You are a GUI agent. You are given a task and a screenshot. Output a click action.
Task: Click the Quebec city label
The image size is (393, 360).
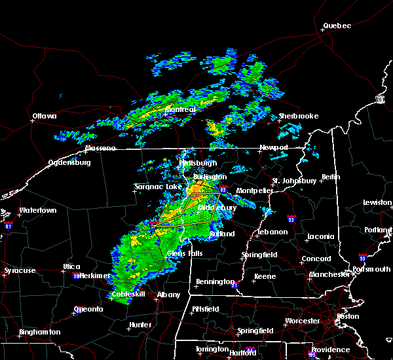click(337, 26)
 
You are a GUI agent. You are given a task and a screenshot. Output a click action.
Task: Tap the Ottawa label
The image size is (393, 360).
click(45, 117)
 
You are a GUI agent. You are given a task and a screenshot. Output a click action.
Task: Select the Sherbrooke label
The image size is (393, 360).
click(298, 116)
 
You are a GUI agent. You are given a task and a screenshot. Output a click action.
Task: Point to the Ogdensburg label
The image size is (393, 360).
click(69, 163)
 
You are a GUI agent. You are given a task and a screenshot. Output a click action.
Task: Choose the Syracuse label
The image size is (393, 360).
click(19, 270)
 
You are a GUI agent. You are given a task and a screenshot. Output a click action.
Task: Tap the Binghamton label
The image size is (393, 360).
click(39, 332)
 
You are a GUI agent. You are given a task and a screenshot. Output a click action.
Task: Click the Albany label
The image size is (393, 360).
click(168, 295)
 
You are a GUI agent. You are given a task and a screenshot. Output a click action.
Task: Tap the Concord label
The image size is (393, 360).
click(316, 259)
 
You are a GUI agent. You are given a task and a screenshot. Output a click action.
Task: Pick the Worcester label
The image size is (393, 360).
click(303, 321)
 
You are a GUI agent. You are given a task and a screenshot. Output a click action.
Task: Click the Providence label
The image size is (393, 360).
click(330, 350)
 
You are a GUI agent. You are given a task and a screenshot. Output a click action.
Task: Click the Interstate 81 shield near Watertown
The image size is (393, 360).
click(9, 225)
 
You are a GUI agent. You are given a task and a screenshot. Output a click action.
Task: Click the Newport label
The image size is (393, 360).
click(273, 147)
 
